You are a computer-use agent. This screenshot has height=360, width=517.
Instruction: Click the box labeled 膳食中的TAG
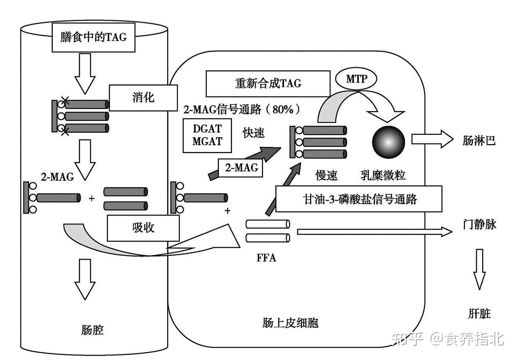[x=93, y=37]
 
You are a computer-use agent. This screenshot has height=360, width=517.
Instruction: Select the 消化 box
[x=143, y=97]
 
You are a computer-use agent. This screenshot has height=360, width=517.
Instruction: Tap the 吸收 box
[x=143, y=228]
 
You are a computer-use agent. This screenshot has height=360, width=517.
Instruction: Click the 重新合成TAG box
[x=268, y=83]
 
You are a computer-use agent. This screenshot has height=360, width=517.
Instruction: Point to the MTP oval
[x=356, y=79]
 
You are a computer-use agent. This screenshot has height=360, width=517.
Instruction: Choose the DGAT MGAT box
[x=207, y=135]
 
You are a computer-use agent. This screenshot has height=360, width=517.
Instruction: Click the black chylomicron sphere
[x=388, y=142]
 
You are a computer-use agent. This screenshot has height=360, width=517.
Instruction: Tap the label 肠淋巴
[x=479, y=140]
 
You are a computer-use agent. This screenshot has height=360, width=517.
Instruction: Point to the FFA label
[x=266, y=258]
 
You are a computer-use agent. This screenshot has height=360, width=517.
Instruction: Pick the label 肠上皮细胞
[x=290, y=323]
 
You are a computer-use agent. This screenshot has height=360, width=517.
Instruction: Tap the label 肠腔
[x=92, y=329]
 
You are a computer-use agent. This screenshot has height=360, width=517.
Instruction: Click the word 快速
[x=253, y=133]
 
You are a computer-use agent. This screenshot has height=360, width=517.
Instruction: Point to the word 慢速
[x=326, y=175]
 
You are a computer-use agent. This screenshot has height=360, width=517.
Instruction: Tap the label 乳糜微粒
[x=383, y=175]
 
